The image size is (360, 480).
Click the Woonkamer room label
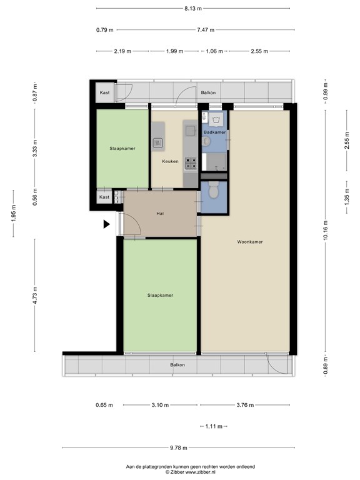tap(250, 242)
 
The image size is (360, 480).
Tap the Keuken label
tap(170, 161)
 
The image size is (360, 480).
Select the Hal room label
tap(160, 213)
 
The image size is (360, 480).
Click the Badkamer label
tap(214, 132)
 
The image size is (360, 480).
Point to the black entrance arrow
tap(106, 224)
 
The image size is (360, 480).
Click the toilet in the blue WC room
tap(213, 190)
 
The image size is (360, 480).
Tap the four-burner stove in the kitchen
tap(190, 164)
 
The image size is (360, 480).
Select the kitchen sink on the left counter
tap(157, 142)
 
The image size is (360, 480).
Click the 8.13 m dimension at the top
tap(193, 9)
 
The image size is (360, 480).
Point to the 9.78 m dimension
tap(179, 448)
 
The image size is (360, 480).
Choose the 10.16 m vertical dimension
tap(326, 230)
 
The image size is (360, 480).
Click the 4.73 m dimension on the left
tap(34, 296)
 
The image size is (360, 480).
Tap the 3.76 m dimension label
tap(245, 405)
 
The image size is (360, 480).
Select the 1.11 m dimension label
tap(214, 426)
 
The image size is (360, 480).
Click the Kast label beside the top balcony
tap(105, 92)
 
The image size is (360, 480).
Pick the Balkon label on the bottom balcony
tap(177, 365)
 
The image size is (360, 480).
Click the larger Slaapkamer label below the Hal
tap(160, 296)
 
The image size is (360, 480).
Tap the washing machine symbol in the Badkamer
tap(217, 119)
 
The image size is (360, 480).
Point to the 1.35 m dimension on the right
tap(347, 197)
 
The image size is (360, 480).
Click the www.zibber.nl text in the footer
tap(201, 472)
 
